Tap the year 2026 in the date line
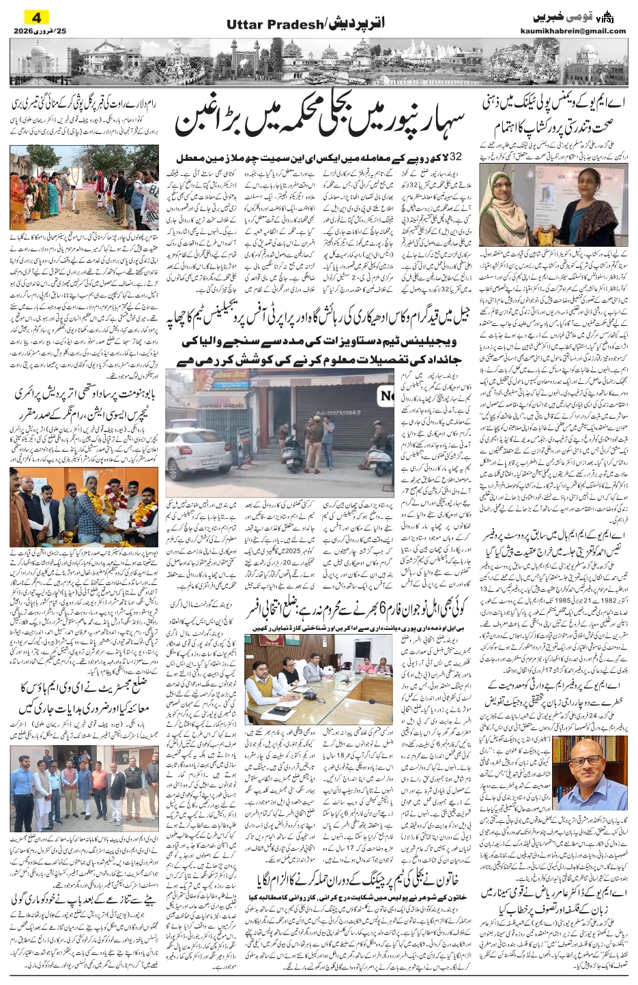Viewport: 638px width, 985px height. click(23, 31)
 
